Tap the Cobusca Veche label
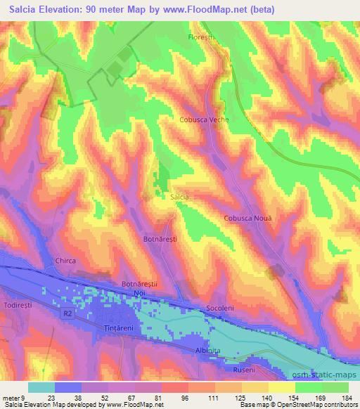click(204, 119)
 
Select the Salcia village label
click(180, 197)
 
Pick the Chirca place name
click(65, 261)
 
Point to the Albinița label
click(209, 349)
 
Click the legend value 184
click(347, 396)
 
